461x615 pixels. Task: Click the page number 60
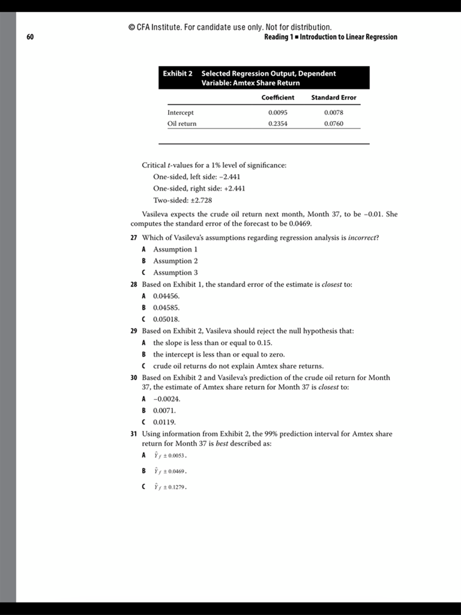[x=30, y=37]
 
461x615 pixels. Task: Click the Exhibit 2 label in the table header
[x=178, y=73]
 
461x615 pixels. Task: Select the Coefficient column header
[x=278, y=97]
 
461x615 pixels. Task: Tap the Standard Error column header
[x=333, y=97]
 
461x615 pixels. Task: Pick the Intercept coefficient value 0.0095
[x=277, y=112]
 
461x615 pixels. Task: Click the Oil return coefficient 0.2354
[x=277, y=124]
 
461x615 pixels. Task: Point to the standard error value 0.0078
[x=333, y=112]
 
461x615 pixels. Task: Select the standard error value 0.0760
[x=333, y=124]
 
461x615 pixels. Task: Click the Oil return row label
[x=182, y=124]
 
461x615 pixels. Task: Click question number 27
[x=134, y=237]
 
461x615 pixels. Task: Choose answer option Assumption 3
[x=175, y=272]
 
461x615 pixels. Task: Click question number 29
[x=134, y=331]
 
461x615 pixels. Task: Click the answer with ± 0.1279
[x=170, y=487]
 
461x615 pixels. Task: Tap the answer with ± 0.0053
[x=170, y=456]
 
